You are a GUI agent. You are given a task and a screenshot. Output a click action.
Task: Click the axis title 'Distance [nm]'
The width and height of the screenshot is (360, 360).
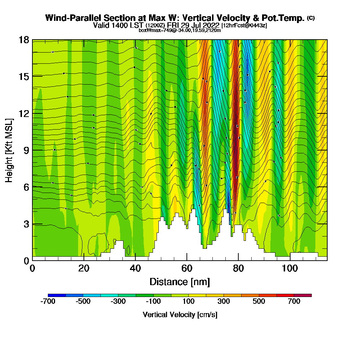(180, 282)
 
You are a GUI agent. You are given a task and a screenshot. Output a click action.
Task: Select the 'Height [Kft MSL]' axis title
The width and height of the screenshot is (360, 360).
(9, 150)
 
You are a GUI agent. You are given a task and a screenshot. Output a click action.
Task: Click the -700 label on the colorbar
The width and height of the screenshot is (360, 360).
(48, 302)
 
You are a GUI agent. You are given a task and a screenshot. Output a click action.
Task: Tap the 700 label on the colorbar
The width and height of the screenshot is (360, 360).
(294, 302)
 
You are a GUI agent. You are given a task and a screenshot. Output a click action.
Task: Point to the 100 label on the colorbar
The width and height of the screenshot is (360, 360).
(189, 302)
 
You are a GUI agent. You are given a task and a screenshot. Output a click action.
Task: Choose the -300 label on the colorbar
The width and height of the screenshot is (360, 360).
(118, 302)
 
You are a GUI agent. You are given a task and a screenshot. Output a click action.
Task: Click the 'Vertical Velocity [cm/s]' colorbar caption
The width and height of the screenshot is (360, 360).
(180, 315)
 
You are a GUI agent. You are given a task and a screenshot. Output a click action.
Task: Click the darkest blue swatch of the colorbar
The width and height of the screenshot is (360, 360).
(57, 295)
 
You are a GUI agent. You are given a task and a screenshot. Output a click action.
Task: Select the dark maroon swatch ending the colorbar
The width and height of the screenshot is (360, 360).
(303, 295)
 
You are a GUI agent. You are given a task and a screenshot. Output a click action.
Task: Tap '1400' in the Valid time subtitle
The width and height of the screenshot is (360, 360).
(134, 25)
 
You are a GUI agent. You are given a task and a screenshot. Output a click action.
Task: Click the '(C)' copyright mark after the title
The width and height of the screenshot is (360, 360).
(311, 18)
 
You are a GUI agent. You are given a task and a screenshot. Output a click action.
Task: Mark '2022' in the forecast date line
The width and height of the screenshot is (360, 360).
(211, 25)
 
